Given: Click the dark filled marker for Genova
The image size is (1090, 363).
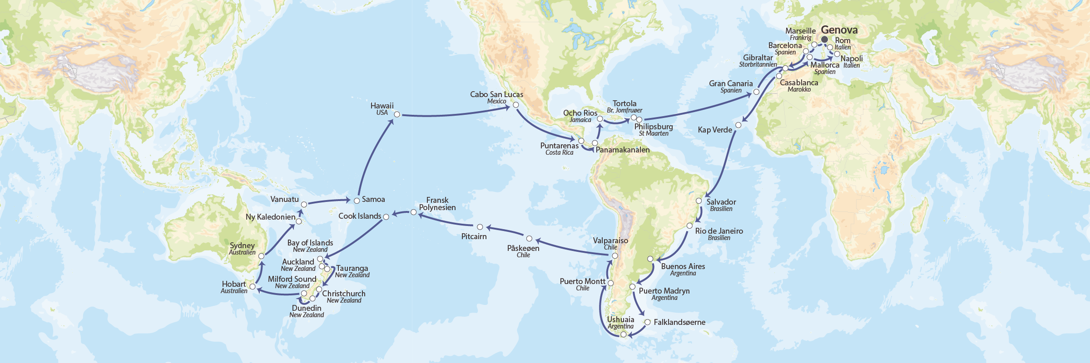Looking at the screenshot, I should point(824,39).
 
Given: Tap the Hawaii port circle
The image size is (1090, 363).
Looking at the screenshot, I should point(397,114).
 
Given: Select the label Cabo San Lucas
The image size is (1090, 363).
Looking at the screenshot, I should point(496,94).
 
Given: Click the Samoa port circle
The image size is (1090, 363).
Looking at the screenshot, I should point(357,201).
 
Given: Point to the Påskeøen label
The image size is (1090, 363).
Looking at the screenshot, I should point(523,248).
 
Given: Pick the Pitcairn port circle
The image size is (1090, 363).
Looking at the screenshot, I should point(480,227).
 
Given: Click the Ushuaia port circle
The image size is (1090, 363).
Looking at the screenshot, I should point(624,334).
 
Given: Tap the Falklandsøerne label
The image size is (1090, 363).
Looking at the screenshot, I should point(679,322).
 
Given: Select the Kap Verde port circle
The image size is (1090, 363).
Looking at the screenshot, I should point(738,125).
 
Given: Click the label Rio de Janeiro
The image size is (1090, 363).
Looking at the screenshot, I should point(719,231).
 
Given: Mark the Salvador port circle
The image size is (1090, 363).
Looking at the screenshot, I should point(699,201).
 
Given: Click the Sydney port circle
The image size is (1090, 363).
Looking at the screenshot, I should point(261,256).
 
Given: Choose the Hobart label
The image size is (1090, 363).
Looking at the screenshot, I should point(234,284).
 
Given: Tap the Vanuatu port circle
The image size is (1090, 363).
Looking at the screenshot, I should point(304,205).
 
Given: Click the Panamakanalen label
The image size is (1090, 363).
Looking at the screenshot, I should point(622,150).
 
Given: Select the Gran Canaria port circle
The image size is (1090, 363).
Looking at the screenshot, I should point(756,92).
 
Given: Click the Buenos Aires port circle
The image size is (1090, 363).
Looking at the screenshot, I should point(650,259).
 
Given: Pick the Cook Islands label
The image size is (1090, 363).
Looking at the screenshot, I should point(360,216).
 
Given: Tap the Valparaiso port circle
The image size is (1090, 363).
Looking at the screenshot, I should point(615,256).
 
